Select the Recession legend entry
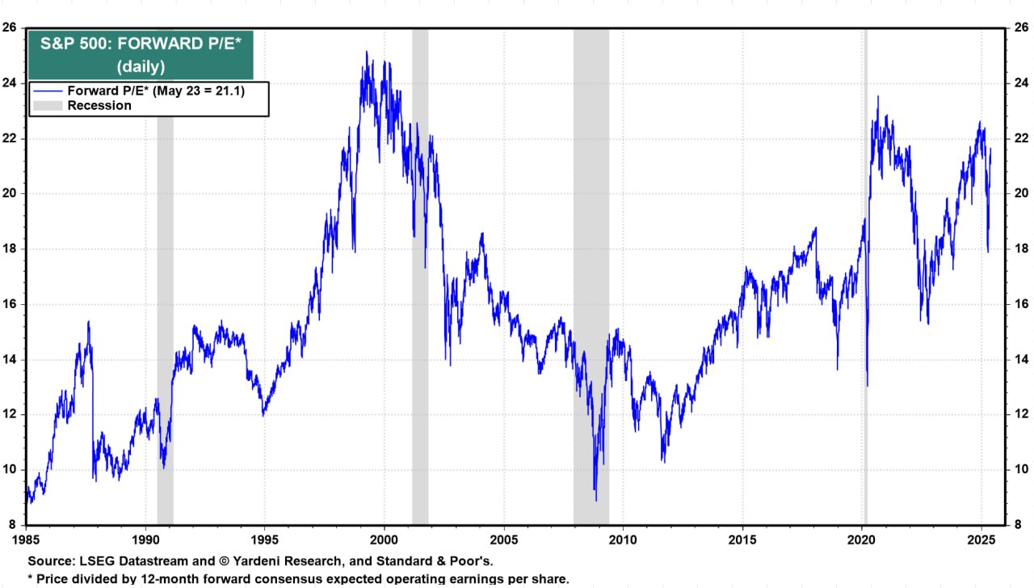tap(99, 106)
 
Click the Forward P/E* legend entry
tap(156, 91)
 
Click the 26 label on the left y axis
tap(11, 27)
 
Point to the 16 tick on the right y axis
tap(1020, 304)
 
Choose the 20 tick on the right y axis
tap(1020, 193)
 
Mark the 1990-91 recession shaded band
tap(165, 324)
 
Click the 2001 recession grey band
tap(420, 324)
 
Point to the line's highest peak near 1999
tap(367, 53)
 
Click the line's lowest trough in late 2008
tap(595, 499)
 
